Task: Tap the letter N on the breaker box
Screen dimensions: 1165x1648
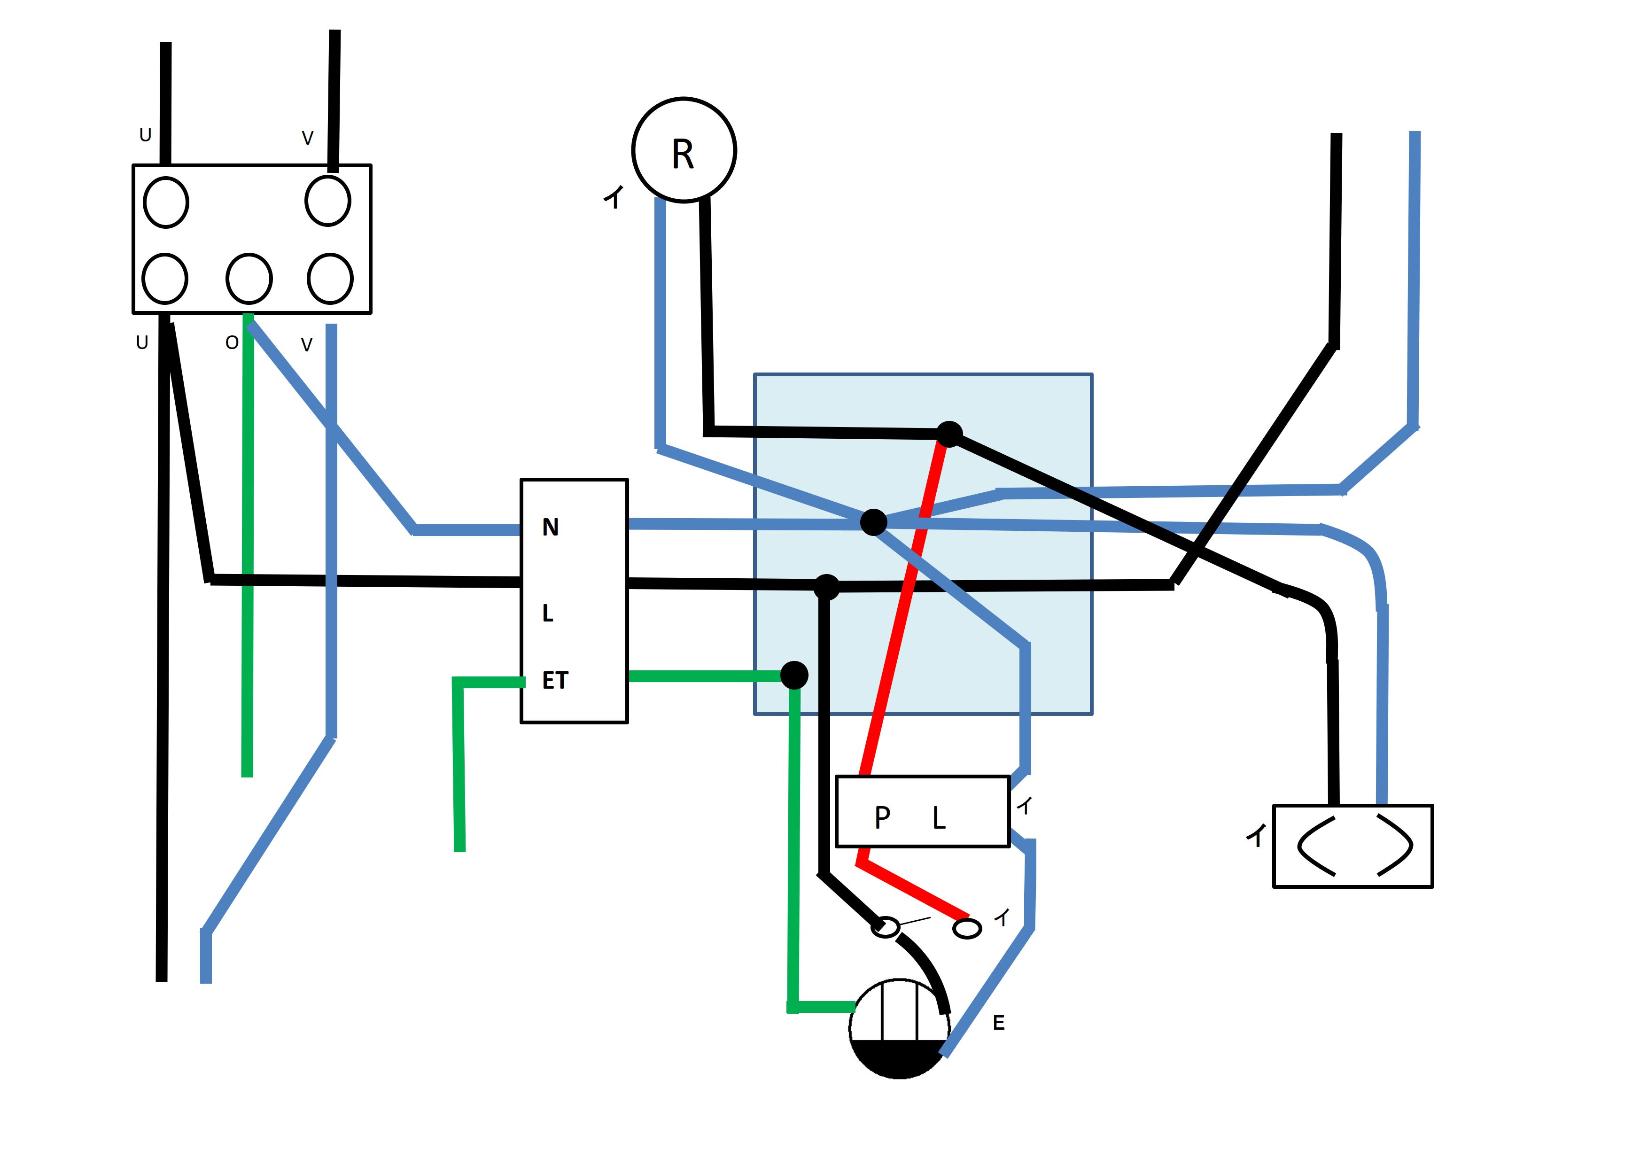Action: [x=550, y=528]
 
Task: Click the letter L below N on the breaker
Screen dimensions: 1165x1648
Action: [x=548, y=614]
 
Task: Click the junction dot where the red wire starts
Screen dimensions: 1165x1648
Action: [x=949, y=434]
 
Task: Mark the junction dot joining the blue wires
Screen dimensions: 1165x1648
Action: [x=873, y=522]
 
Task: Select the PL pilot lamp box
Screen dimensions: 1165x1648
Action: [x=922, y=812]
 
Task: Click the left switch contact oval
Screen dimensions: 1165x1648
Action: [x=886, y=927]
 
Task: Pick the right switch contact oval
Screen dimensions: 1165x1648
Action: [x=967, y=929]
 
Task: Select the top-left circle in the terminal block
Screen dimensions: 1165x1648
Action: [x=166, y=202]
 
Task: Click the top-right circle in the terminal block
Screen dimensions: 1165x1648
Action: [x=328, y=201]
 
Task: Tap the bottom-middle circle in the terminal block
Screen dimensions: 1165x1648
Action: [x=249, y=279]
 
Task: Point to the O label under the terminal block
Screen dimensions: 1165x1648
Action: [x=231, y=343]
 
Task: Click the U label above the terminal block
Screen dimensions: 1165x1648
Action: [x=145, y=135]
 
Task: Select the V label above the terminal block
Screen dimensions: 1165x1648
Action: [x=307, y=138]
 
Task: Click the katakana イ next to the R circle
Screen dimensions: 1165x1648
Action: [x=614, y=197]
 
